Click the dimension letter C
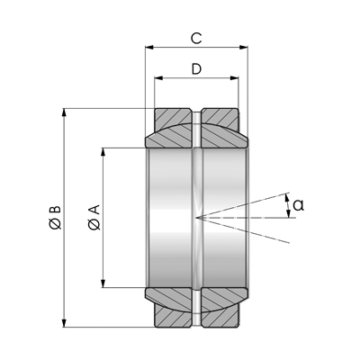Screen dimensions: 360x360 pos(196,39)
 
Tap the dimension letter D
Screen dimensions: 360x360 pos(196,69)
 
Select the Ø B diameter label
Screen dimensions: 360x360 pos(55,218)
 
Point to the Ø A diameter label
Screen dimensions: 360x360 pos(94,218)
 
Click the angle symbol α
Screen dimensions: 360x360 pos(299,205)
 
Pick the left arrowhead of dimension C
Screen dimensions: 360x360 pos(149,47)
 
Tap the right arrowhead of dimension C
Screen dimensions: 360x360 pos(244,47)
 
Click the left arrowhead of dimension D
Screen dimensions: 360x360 pos(158,78)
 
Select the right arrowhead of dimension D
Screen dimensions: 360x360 pos(235,78)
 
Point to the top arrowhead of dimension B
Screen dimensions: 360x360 pos(64,112)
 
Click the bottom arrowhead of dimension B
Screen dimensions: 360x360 pos(64,323)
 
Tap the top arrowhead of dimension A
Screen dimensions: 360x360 pos(103,152)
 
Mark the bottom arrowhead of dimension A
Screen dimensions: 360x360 pos(103,283)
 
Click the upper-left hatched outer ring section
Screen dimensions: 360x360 pos(173,117)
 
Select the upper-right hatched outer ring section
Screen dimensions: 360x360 pos(220,117)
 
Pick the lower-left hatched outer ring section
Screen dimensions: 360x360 pos(173,319)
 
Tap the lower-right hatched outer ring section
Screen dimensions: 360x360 pos(220,319)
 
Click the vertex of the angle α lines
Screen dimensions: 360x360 pos(196,217)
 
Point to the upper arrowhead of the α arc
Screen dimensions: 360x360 pos(287,198)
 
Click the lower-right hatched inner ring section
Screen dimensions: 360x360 pos(223,299)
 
